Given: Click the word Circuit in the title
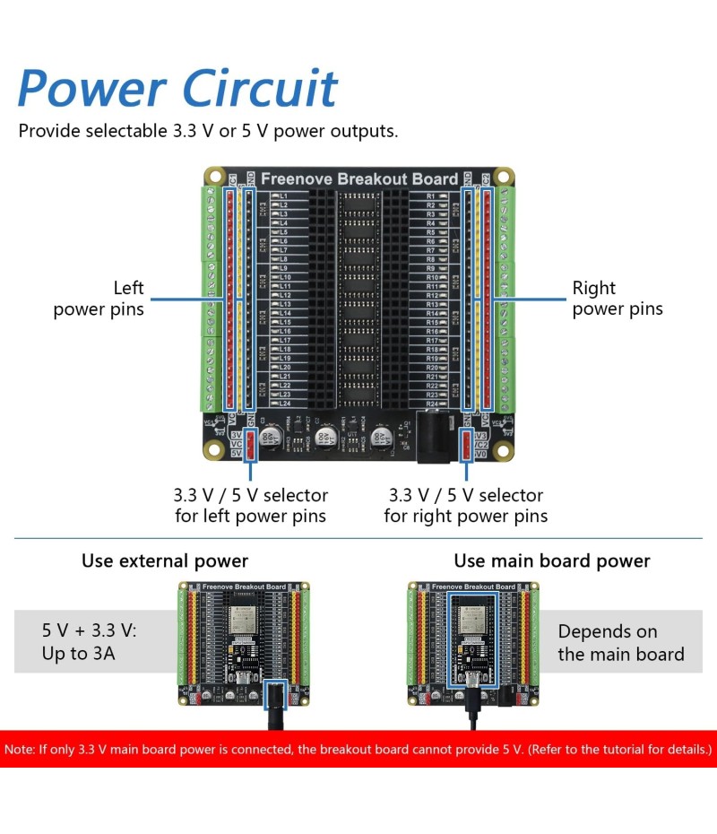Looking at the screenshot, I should tap(260, 89).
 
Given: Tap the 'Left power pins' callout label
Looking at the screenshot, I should tap(99, 299).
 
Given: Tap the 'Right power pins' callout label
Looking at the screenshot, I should tap(618, 299).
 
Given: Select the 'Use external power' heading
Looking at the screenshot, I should tap(165, 561).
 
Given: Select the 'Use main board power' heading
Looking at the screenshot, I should tap(552, 561).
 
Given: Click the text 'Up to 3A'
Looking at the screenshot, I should tap(79, 654).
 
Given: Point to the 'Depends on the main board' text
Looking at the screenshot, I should tap(620, 643).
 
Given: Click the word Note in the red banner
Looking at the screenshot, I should tap(20, 749).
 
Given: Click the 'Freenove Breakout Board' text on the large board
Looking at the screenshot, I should tap(358, 179).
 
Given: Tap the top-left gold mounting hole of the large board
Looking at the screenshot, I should tap(214, 175).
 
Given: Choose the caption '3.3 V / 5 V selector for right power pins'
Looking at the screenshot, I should tap(465, 506).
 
